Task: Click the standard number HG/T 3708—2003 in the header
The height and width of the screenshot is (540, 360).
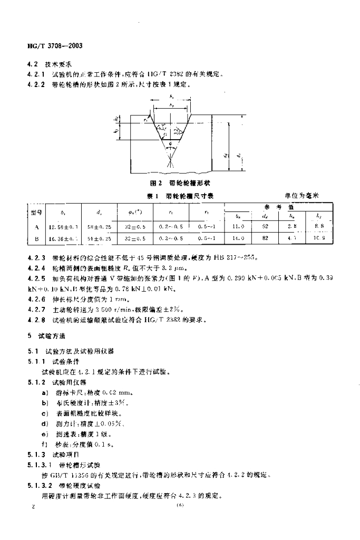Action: pyautogui.click(x=54, y=45)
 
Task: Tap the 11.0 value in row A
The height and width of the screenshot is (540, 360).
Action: pyautogui.click(x=238, y=226)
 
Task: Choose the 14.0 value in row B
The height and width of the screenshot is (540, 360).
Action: pyautogui.click(x=238, y=238)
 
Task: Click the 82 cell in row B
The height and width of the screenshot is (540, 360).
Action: pyautogui.click(x=265, y=238)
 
